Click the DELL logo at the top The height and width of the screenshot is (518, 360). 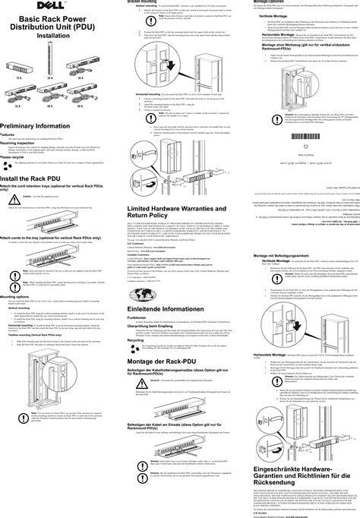coord(52,4)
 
